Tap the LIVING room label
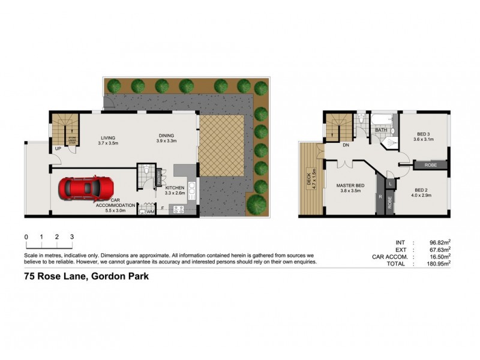coord(108,137)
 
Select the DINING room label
coord(166,136)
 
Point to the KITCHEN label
coord(175,188)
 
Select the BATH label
coord(381,130)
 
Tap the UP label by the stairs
coord(58,148)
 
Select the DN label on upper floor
coord(346,145)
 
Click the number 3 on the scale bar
coord(72,237)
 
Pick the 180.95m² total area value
coord(437,262)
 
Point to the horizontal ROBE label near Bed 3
coord(430,164)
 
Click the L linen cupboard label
coord(390,183)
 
